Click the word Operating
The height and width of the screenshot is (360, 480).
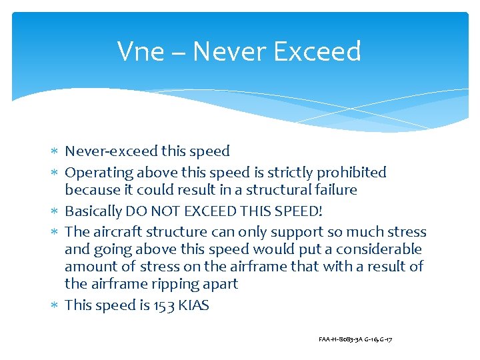pos(99,173)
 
